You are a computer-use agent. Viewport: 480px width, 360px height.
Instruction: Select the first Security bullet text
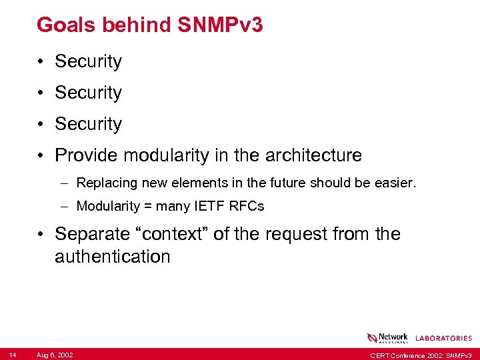(88, 61)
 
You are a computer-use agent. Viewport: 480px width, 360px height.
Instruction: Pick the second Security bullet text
(88, 93)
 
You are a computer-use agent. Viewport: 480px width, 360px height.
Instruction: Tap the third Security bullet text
(88, 124)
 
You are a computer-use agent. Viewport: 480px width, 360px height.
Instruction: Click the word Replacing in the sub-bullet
(104, 183)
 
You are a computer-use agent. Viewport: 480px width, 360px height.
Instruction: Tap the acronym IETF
(205, 206)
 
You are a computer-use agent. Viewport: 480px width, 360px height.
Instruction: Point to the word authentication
(113, 257)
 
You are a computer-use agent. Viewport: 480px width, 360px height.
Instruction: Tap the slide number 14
(13, 355)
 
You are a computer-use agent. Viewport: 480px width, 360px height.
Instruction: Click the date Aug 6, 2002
(55, 355)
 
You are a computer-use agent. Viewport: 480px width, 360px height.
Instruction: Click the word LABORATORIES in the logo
(443, 339)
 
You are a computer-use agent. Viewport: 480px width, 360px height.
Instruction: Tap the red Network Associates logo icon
(372, 338)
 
